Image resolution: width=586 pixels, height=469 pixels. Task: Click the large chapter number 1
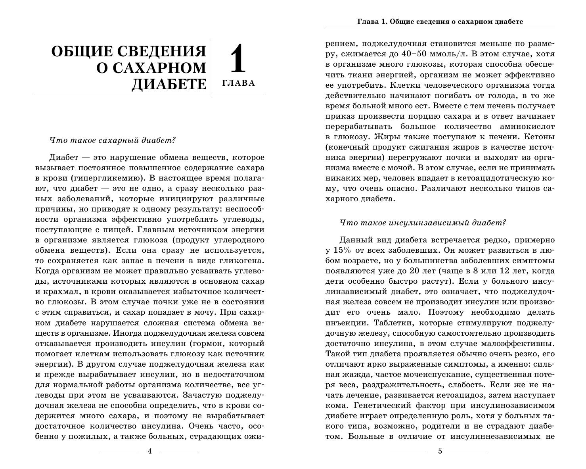pos(238,59)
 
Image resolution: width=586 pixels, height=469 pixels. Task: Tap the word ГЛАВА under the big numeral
pos(239,83)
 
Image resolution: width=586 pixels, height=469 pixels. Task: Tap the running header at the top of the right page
pos(440,21)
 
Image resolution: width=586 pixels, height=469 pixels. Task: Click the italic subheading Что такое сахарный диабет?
pos(113,140)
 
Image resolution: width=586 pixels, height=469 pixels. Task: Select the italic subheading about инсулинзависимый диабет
pos(423,223)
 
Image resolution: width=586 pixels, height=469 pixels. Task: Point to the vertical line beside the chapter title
pos(212,67)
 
